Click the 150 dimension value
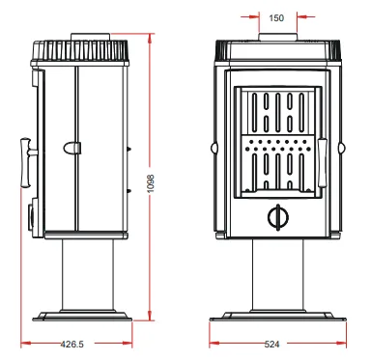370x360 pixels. [x=276, y=18]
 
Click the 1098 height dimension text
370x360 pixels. [x=151, y=183]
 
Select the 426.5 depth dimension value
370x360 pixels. [x=72, y=345]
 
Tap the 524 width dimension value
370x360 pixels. [x=271, y=345]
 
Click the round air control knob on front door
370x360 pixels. [x=278, y=217]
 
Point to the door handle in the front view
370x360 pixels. [x=322, y=163]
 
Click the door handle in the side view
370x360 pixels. [x=26, y=162]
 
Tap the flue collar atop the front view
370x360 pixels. [x=277, y=37]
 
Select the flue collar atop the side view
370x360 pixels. [x=91, y=37]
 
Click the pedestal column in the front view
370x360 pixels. [x=277, y=275]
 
